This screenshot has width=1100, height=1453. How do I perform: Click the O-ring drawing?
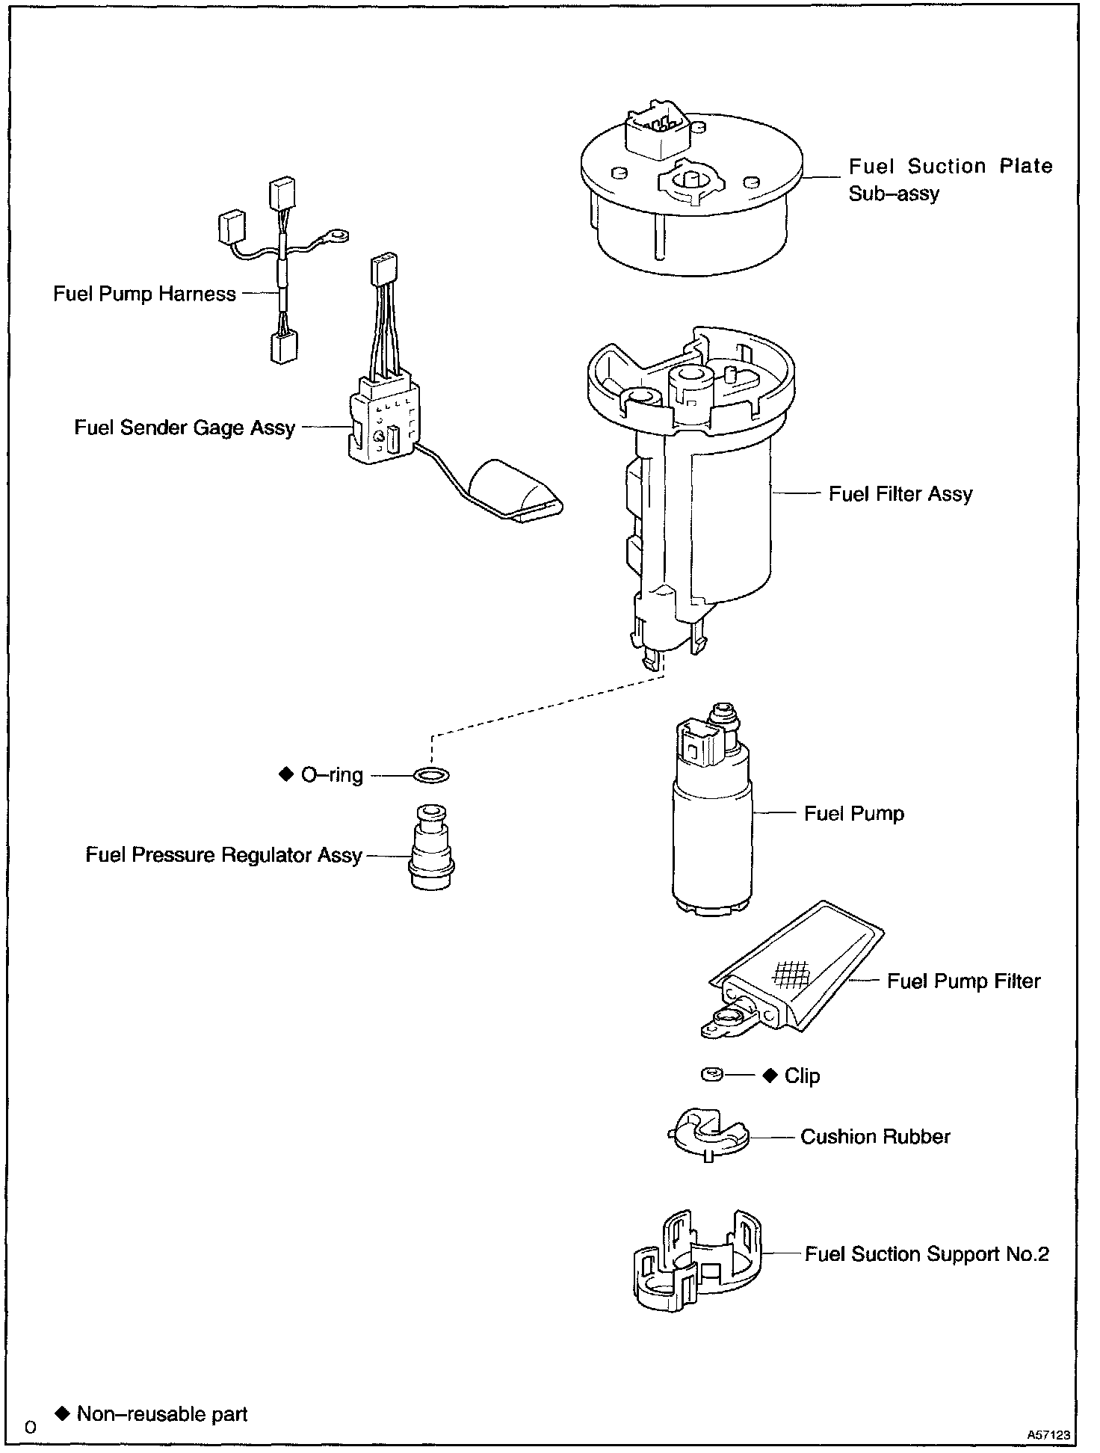coord(431,775)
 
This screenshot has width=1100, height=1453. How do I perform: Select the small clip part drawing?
coord(712,1075)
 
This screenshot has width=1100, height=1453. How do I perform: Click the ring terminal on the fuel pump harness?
coord(338,237)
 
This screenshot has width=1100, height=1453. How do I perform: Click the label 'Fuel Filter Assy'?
coord(900,494)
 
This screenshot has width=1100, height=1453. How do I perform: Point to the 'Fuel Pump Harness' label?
coord(144,294)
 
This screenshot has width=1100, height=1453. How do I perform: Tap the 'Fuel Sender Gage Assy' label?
coord(185,428)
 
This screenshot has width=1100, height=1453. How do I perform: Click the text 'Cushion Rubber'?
coord(875,1137)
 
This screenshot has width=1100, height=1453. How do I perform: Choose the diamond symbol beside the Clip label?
coord(770,1076)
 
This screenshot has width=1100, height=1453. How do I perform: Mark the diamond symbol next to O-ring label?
coord(286,774)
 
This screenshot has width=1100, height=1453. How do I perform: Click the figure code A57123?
coord(1048,1434)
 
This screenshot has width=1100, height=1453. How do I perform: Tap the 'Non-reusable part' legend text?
coord(162,1413)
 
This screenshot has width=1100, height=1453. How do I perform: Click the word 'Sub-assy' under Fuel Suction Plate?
coord(894,194)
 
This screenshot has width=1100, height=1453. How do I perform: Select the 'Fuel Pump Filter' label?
coord(963,981)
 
